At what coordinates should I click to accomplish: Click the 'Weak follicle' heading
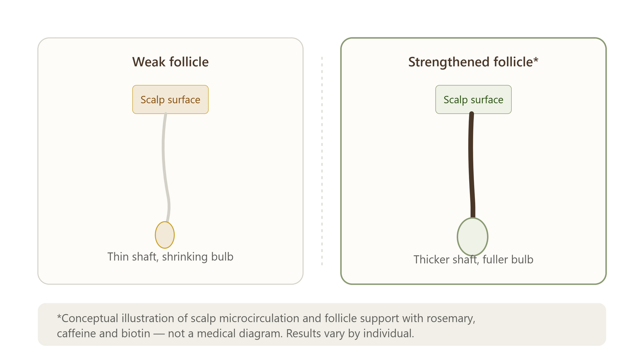(170, 62)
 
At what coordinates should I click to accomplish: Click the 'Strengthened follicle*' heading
(473, 62)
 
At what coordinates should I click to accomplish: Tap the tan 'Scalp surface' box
(170, 99)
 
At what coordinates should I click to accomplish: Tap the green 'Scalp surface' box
(473, 99)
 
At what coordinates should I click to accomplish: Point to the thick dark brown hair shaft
(471, 166)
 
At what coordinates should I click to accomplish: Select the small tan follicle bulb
(165, 235)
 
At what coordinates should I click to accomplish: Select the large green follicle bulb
(473, 237)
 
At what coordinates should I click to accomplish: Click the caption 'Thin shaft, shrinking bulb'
(170, 257)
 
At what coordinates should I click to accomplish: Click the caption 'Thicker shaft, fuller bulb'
(473, 259)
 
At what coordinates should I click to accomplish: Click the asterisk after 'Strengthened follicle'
(536, 60)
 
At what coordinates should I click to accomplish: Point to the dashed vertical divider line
(322, 161)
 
